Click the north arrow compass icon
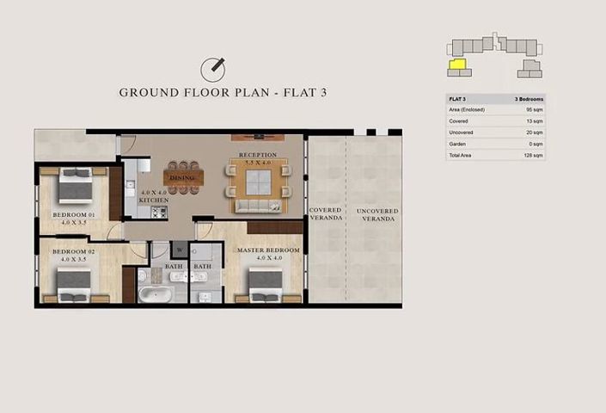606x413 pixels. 212,68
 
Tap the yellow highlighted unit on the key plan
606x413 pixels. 457,63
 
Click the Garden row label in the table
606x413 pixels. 457,145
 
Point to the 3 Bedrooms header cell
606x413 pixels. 528,100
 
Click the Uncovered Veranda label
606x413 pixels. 378,215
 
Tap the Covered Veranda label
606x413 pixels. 326,214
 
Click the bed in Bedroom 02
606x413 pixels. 74,282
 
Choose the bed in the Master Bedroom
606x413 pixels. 266,283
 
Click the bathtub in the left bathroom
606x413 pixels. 156,294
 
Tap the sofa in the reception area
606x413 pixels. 258,206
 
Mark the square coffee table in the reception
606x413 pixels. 258,182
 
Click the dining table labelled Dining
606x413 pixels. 183,177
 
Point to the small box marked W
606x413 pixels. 181,251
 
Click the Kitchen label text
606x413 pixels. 155,200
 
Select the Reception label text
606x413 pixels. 258,155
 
